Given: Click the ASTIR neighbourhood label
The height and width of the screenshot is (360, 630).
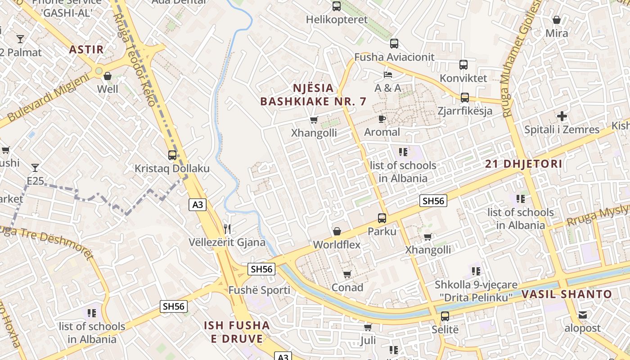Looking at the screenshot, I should click(x=86, y=49).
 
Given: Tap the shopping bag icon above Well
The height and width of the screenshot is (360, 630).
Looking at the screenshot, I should click(x=107, y=76).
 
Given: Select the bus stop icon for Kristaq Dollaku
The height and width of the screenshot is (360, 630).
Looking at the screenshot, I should click(x=172, y=155).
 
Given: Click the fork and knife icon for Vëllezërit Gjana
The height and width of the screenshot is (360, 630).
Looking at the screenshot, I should click(x=227, y=229).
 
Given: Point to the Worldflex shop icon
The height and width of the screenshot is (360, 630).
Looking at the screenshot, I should click(x=337, y=232).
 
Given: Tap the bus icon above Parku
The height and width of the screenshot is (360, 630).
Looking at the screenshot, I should click(x=382, y=218).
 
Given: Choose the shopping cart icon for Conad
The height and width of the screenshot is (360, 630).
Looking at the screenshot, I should click(x=347, y=274).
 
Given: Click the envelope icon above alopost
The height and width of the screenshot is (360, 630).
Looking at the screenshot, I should click(x=583, y=315).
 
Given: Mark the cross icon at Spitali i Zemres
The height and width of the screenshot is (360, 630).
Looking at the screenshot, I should click(x=562, y=117).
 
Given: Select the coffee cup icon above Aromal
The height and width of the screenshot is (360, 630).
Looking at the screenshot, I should click(x=382, y=119).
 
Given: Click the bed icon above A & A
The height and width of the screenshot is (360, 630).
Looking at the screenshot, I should click(x=388, y=74).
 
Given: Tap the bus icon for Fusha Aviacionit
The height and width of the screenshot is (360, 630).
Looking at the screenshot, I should click(x=394, y=44).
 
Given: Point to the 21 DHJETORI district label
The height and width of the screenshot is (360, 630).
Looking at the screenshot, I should click(x=524, y=164).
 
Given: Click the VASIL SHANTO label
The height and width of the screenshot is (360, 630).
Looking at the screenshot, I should click(x=567, y=295).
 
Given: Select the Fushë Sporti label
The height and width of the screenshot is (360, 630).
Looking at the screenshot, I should click(x=259, y=290).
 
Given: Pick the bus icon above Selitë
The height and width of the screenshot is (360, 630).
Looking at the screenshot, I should click(x=445, y=316).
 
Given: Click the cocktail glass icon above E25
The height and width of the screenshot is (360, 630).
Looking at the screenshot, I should click(x=35, y=168).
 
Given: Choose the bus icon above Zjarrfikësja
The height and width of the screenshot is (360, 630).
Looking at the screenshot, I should click(x=464, y=98).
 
